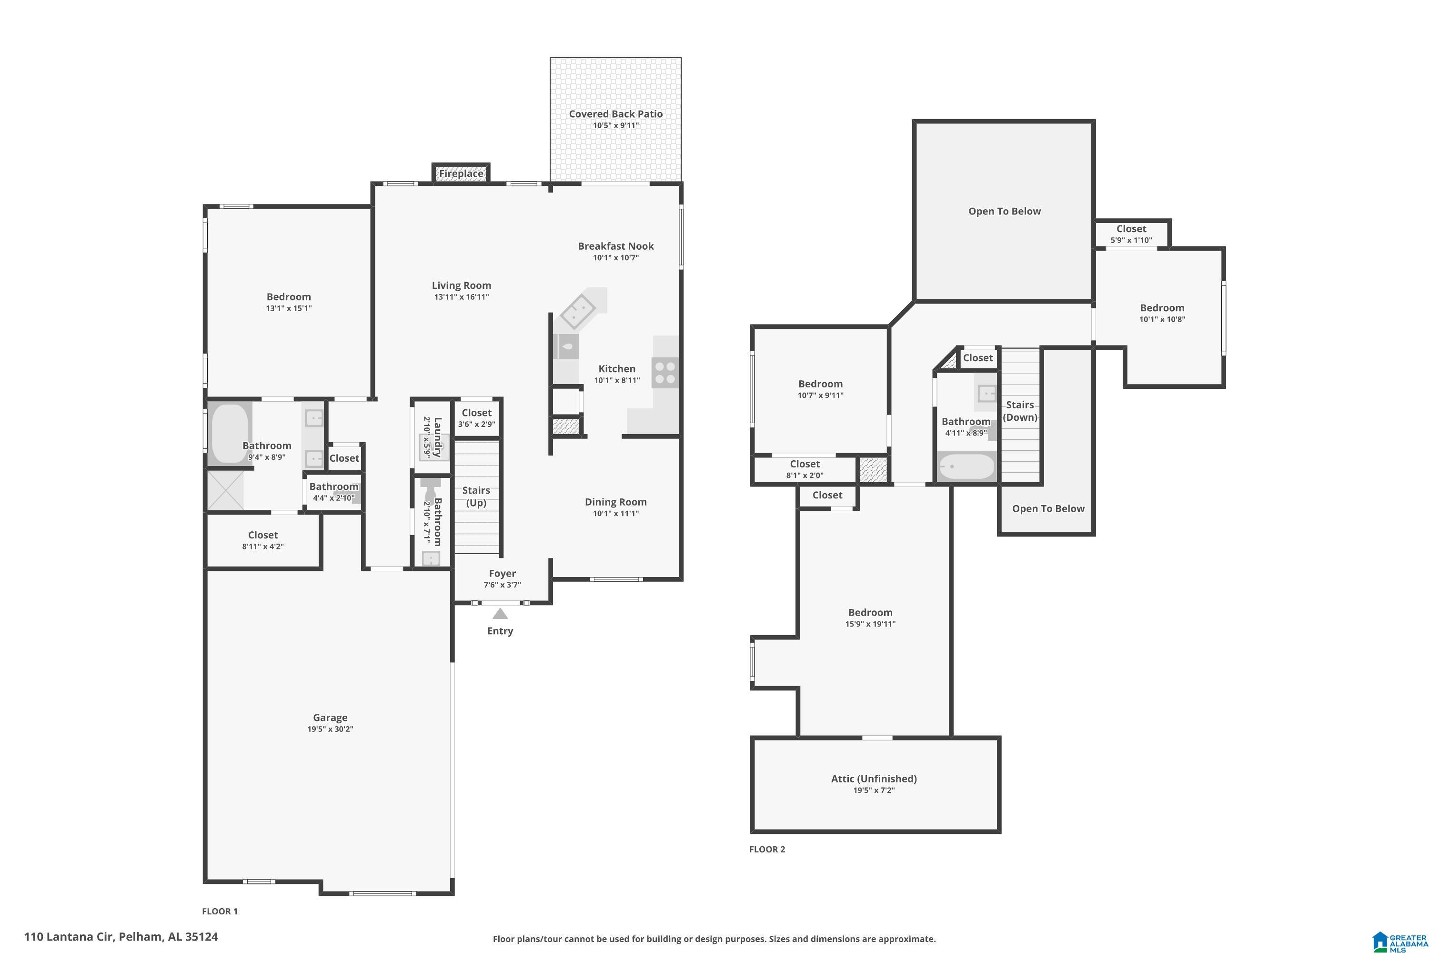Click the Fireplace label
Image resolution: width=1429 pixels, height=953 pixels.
click(461, 174)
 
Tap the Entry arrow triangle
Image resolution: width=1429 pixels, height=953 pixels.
click(500, 614)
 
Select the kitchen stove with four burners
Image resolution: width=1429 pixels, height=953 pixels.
click(665, 373)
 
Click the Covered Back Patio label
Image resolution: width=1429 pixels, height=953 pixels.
click(615, 114)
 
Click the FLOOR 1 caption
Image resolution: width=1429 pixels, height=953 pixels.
click(220, 911)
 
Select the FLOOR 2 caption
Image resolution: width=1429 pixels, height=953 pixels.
click(767, 849)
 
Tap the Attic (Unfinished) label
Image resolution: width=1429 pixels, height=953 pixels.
click(874, 779)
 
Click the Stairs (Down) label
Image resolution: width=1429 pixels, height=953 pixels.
click(1020, 411)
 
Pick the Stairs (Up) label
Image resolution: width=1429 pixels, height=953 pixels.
click(476, 497)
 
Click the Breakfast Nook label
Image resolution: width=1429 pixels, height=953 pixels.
click(615, 246)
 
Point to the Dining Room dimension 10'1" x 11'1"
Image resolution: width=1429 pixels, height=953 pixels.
click(615, 514)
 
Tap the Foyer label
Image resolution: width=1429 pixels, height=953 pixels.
click(503, 574)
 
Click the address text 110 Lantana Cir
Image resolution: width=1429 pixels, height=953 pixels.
click(69, 937)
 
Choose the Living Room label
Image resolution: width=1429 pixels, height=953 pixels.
click(461, 285)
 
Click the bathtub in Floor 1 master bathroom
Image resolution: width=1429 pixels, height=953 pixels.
click(230, 434)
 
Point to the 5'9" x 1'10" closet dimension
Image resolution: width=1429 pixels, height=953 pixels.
click(1131, 240)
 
